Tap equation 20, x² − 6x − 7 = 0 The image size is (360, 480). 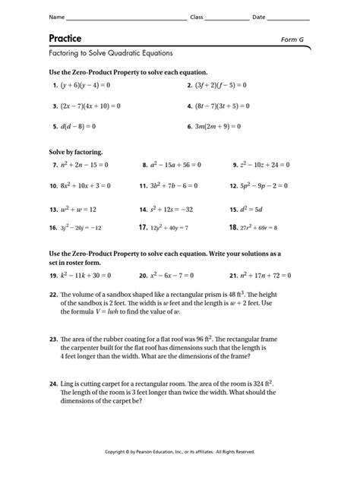coord(174,276)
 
